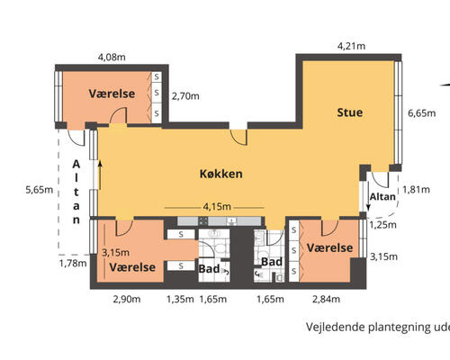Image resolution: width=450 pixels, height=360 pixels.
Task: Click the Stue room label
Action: click(350, 112)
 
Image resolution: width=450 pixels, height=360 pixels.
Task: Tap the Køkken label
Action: click(221, 174)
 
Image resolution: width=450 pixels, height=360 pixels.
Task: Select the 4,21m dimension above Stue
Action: click(351, 46)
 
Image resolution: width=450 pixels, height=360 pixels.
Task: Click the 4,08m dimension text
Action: click(112, 57)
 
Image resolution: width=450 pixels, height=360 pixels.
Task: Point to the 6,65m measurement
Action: click(422, 113)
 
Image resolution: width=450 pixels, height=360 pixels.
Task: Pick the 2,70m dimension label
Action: click(185, 96)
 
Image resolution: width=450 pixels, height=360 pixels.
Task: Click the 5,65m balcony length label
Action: click(40, 190)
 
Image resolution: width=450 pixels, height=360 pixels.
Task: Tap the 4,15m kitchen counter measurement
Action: click(217, 207)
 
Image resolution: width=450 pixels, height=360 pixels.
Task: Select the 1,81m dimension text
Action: click(416, 190)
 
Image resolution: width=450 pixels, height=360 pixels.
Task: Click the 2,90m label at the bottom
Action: click(127, 299)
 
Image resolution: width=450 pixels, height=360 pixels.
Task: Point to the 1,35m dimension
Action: click(180, 299)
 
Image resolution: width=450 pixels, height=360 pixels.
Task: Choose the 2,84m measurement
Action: click(326, 299)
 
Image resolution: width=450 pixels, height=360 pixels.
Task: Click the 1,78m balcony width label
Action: click(73, 264)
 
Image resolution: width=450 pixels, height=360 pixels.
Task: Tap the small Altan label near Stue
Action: click(382, 197)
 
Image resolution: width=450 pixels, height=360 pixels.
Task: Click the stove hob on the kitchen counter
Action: click(203, 221)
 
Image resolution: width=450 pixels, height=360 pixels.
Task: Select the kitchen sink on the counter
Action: click(232, 221)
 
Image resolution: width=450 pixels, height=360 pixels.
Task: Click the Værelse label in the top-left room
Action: click(112, 94)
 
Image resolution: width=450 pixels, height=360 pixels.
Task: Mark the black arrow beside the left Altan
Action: click(100, 175)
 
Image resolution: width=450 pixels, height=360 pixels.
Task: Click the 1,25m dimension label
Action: click(382, 225)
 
